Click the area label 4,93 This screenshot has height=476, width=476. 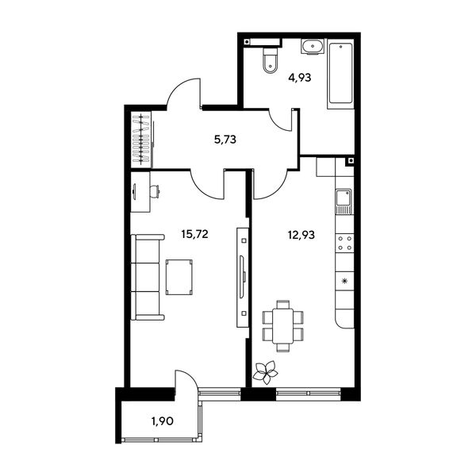pyautogui.click(x=300, y=78)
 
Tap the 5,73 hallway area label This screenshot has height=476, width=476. pyautogui.click(x=225, y=140)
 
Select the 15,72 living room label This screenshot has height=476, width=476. pyautogui.click(x=194, y=234)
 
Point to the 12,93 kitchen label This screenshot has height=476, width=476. pyautogui.click(x=301, y=235)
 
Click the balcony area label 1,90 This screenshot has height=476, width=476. pyautogui.click(x=163, y=421)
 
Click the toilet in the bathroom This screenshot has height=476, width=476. pyautogui.click(x=270, y=60)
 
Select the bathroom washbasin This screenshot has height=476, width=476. pyautogui.click(x=313, y=47)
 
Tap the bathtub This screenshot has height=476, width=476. pyautogui.click(x=340, y=74)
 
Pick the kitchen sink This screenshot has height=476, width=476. pyautogui.click(x=344, y=202)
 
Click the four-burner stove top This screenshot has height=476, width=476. pyautogui.click(x=345, y=244)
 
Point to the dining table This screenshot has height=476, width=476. pyautogui.click(x=283, y=326)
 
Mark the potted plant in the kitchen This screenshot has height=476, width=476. pyautogui.click(x=265, y=372)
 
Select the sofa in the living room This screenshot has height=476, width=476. pyautogui.click(x=148, y=277)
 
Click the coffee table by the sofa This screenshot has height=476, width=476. pyautogui.click(x=179, y=277)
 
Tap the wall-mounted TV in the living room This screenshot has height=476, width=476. pyautogui.click(x=242, y=277)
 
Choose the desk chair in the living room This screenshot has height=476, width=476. pyautogui.click(x=155, y=191)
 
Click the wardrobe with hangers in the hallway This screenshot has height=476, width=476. pyautogui.click(x=141, y=140)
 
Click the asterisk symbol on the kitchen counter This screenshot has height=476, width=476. pyautogui.click(x=344, y=281)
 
